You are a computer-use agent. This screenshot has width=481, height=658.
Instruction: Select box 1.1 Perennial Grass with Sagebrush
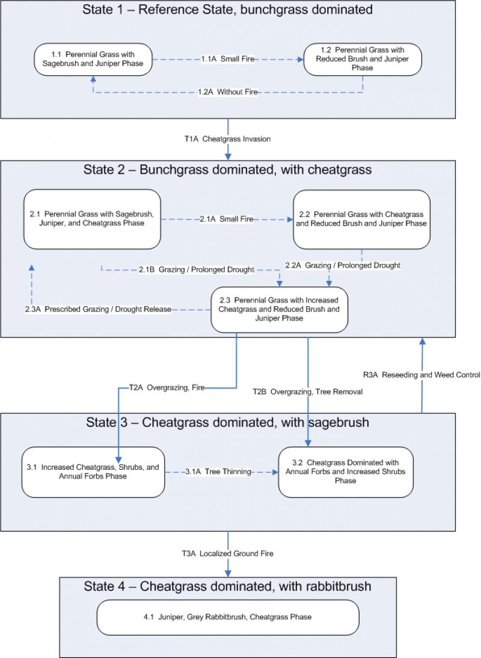(x=94, y=59)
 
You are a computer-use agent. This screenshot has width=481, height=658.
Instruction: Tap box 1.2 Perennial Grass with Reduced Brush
(x=362, y=59)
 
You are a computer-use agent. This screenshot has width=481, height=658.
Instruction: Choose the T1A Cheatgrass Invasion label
(x=227, y=139)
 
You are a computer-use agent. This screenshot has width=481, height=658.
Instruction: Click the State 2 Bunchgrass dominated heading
(x=227, y=170)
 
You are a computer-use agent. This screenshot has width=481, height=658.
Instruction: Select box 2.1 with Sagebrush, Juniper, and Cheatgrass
(x=92, y=219)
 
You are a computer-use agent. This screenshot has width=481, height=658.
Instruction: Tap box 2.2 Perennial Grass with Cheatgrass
(x=361, y=219)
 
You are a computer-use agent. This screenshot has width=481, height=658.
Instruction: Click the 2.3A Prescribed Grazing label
(x=98, y=309)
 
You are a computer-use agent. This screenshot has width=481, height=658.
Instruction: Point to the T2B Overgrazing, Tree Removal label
(x=307, y=392)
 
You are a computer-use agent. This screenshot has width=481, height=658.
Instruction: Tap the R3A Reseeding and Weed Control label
(x=421, y=375)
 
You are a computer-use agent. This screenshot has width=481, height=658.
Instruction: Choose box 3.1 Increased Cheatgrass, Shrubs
(x=93, y=472)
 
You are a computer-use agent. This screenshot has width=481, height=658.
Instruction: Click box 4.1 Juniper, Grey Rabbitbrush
(x=228, y=617)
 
